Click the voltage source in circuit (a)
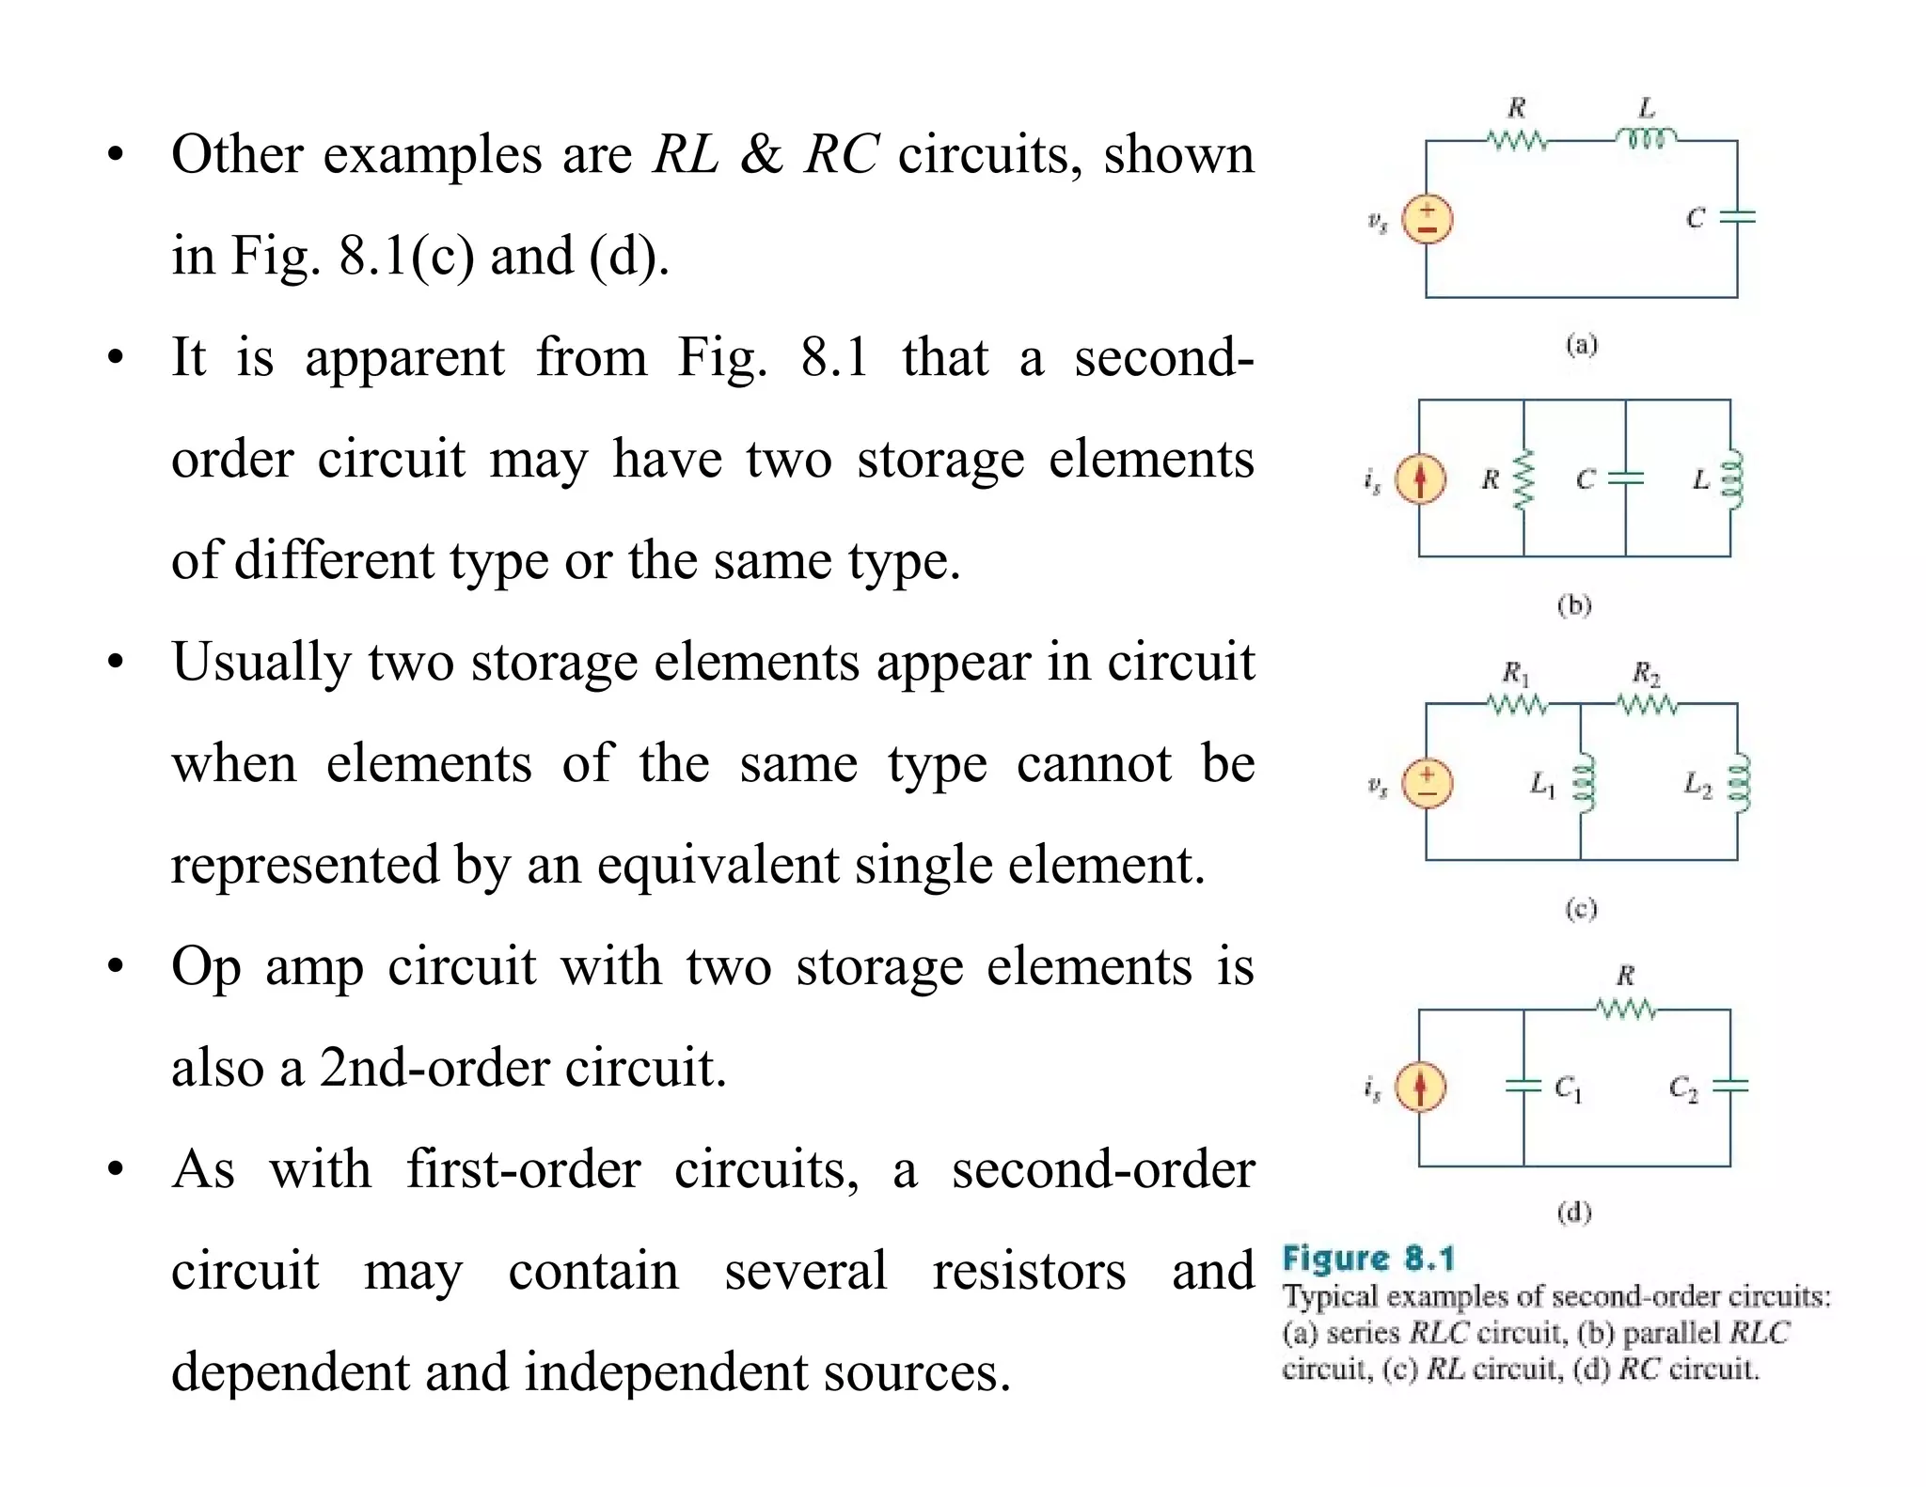click(x=1427, y=220)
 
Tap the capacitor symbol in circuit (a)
click(x=1736, y=217)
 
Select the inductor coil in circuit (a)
click(x=1646, y=140)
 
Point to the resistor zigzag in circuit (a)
click(x=1516, y=141)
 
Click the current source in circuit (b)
click(x=1420, y=478)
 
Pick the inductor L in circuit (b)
click(x=1730, y=479)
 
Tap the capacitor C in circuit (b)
click(x=1625, y=478)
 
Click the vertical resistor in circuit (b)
click(x=1523, y=479)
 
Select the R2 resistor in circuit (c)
click(x=1647, y=704)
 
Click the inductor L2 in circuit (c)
click(x=1738, y=782)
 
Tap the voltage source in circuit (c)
click(x=1427, y=784)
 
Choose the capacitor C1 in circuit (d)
click(x=1523, y=1087)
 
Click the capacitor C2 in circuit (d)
click(x=1729, y=1087)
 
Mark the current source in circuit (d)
click(x=1420, y=1088)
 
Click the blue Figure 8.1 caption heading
click(x=1368, y=1259)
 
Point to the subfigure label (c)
click(x=1581, y=908)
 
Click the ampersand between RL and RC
click(x=761, y=155)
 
